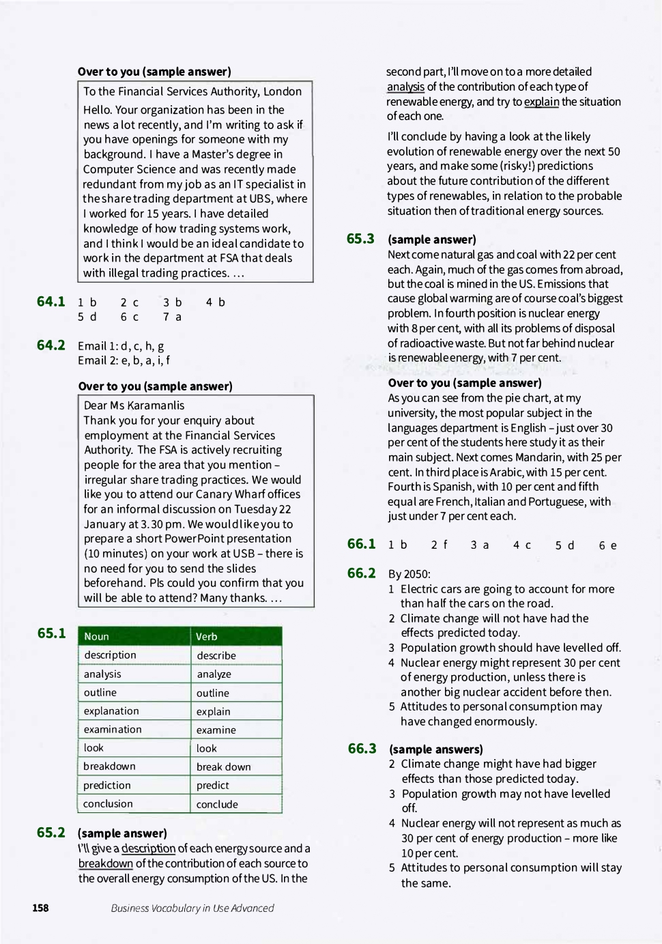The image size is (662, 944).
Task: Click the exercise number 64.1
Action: tap(51, 302)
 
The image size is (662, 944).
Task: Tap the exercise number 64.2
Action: tap(51, 345)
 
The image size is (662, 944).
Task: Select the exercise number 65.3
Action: tap(360, 239)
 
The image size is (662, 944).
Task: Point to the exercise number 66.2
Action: tap(361, 573)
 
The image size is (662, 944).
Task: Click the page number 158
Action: tap(40, 908)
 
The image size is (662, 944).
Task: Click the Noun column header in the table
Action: tap(97, 636)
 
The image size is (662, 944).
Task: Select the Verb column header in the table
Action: tap(207, 636)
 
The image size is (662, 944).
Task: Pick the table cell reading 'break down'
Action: tap(223, 767)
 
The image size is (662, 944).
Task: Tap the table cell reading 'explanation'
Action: tap(111, 711)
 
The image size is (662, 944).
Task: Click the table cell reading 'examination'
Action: tap(113, 729)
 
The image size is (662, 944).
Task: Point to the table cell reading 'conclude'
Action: tap(217, 804)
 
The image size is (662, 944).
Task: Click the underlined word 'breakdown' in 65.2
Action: tap(106, 863)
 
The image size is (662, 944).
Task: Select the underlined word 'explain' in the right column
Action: tap(541, 102)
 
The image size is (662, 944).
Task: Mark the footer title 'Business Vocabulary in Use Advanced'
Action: tap(192, 908)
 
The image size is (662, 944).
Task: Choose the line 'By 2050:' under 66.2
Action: tap(409, 574)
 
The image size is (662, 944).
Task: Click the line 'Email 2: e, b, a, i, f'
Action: tap(124, 360)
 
